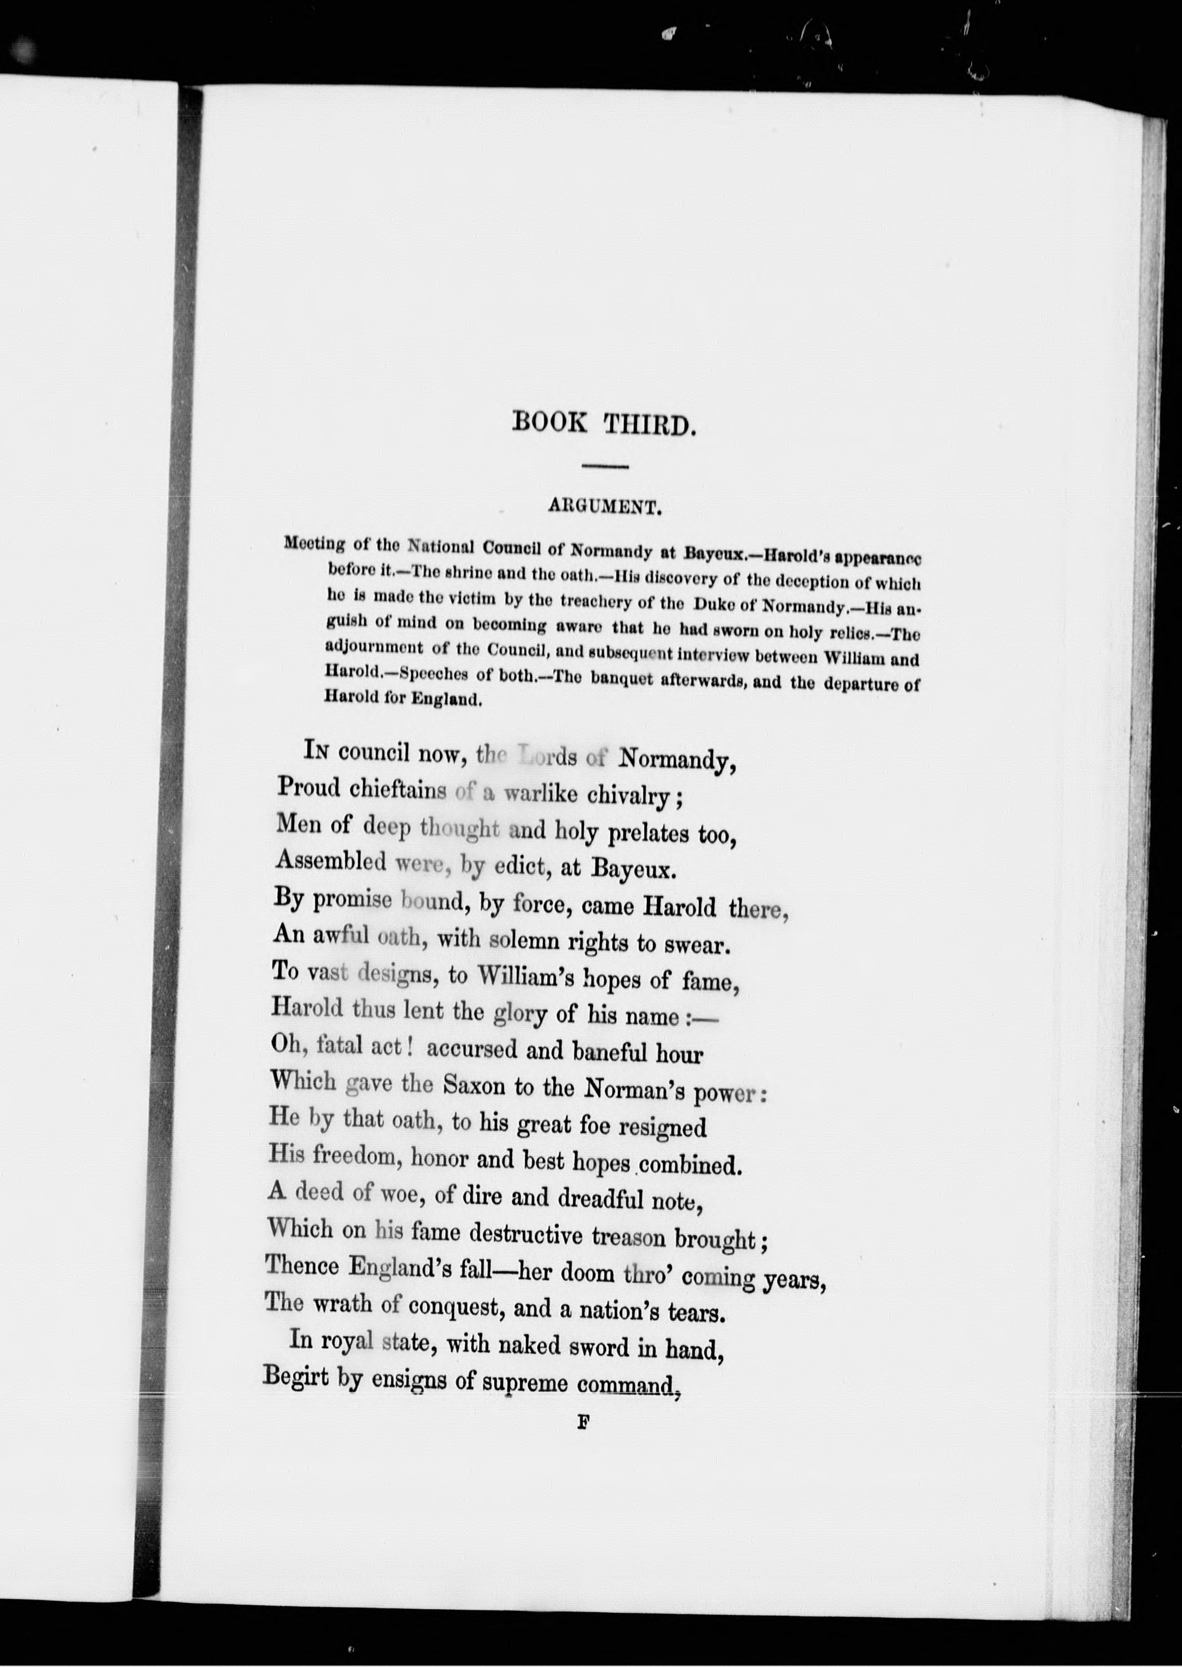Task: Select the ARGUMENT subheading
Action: (x=605, y=508)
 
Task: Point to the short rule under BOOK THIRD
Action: (x=604, y=466)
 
